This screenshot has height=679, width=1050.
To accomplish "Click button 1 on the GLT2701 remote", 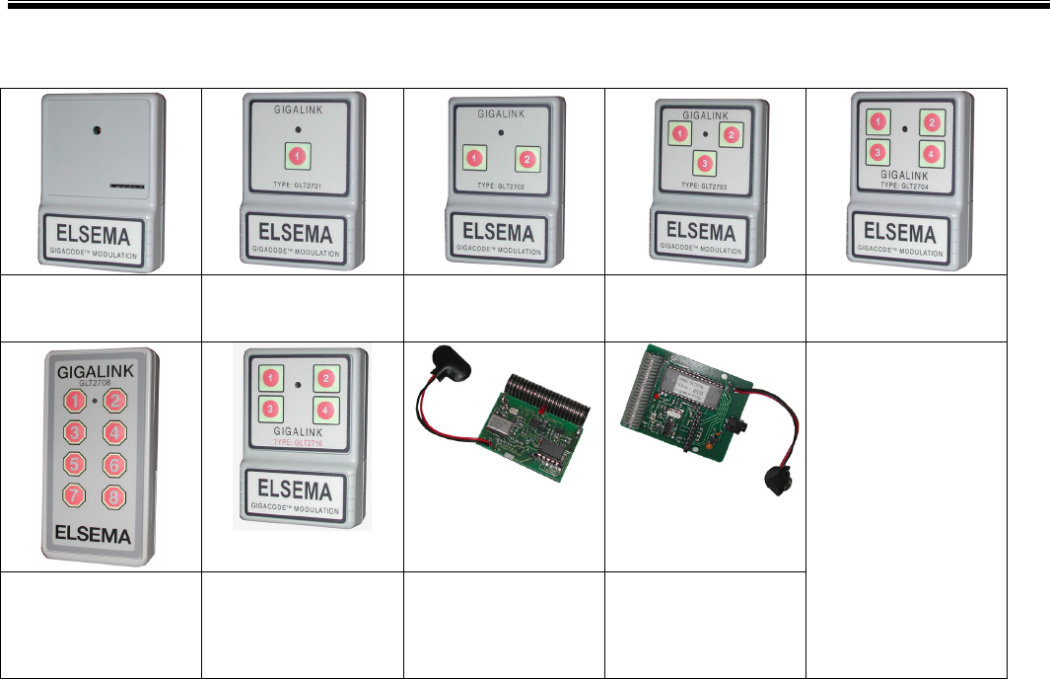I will point(297,155).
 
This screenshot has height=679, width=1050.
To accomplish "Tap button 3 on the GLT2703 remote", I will point(701,162).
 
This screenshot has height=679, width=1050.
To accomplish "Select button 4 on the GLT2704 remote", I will point(929,154).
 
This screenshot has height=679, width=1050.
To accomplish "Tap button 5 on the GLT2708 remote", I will point(75,462).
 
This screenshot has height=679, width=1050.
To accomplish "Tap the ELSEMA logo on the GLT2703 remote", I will point(702,233).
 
